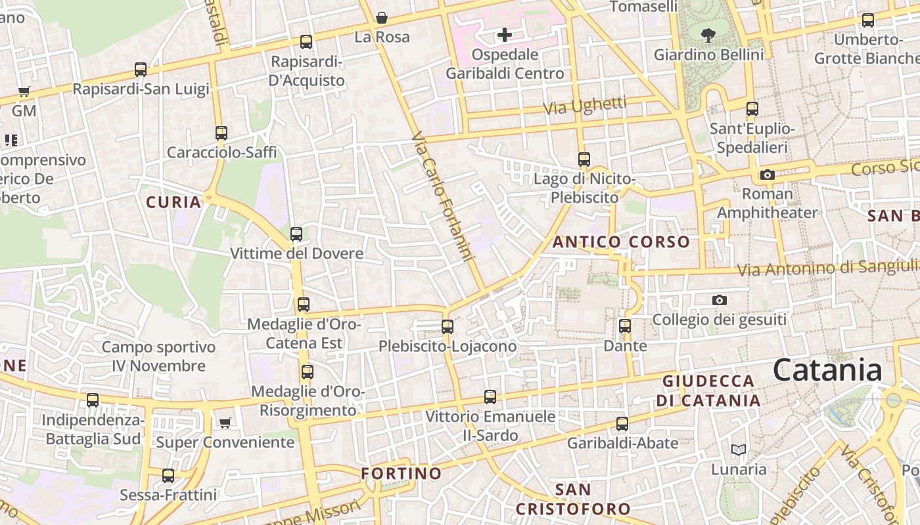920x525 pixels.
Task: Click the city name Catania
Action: pyautogui.click(x=827, y=370)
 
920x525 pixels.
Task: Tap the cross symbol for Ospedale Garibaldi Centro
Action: pyautogui.click(x=504, y=34)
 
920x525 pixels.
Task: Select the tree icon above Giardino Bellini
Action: pyautogui.click(x=708, y=35)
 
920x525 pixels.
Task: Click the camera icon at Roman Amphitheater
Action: pyautogui.click(x=767, y=175)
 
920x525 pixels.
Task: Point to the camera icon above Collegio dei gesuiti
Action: pyautogui.click(x=720, y=300)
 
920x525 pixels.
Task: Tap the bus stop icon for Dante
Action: pyautogui.click(x=625, y=325)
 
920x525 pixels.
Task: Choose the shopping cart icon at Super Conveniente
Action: pyautogui.click(x=225, y=423)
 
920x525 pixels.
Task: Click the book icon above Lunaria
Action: pyautogui.click(x=739, y=450)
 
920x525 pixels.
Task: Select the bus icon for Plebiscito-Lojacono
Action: pyautogui.click(x=448, y=326)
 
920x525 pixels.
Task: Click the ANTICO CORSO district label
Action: pyautogui.click(x=621, y=242)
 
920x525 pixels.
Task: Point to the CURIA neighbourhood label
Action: pyautogui.click(x=173, y=202)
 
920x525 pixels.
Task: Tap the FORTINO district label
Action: pyautogui.click(x=402, y=473)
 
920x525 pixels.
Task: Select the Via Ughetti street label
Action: pyautogui.click(x=586, y=105)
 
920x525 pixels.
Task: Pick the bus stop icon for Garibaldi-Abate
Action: pyautogui.click(x=622, y=423)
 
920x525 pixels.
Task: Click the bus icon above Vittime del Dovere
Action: pyautogui.click(x=296, y=234)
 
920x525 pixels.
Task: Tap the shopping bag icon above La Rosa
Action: pyautogui.click(x=381, y=18)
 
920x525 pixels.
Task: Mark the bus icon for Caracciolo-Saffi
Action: pyautogui.click(x=221, y=133)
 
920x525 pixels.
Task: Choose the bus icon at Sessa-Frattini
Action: pyautogui.click(x=168, y=475)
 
